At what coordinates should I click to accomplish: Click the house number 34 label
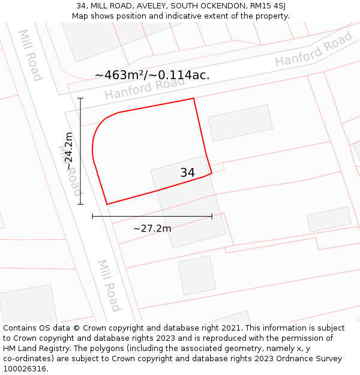click(187, 173)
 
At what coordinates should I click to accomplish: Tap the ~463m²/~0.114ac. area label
click(152, 75)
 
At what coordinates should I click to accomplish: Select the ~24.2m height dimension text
click(68, 151)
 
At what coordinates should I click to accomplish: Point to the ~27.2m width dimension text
click(152, 229)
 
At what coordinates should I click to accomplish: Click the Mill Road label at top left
click(30, 55)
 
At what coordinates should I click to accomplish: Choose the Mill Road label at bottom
click(109, 286)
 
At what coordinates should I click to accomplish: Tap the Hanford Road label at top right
click(314, 49)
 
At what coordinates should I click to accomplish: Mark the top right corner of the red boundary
click(193, 98)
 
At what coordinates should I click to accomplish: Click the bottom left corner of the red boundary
click(107, 204)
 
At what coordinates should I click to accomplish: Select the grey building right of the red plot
click(240, 123)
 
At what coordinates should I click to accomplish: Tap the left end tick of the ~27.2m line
click(92, 216)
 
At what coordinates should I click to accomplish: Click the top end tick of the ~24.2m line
click(80, 98)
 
